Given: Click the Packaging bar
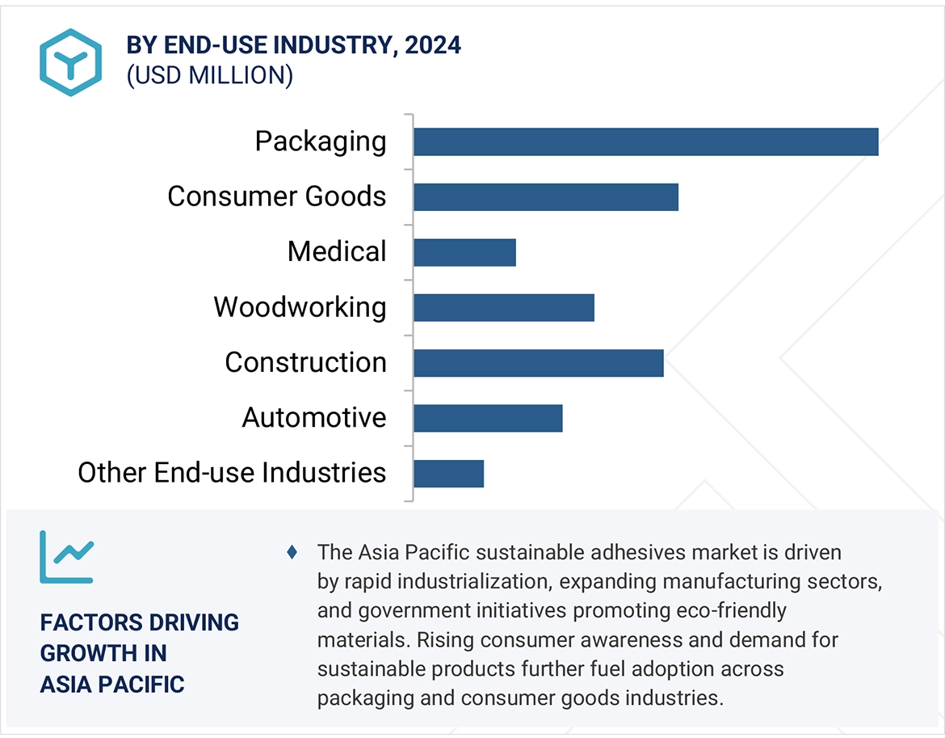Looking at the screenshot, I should [645, 141].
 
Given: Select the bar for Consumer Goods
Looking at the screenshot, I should [545, 196].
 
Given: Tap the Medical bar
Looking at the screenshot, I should [464, 252].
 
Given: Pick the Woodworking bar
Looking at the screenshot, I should [503, 307].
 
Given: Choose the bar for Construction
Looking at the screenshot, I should [538, 363].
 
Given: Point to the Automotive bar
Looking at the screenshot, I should [487, 418].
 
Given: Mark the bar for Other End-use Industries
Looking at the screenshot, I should [448, 474].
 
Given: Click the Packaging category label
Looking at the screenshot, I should [321, 141].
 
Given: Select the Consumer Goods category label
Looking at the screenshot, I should [277, 196].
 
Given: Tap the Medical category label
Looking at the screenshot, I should [337, 252].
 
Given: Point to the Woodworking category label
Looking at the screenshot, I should [300, 307].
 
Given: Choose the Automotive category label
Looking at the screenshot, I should [314, 418].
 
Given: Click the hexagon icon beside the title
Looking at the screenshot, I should [70, 62].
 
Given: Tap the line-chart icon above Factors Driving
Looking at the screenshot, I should [66, 557].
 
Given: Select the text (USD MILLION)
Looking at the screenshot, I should [209, 75].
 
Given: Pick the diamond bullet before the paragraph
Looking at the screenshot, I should [292, 553].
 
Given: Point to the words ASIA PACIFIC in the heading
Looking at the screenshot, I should [112, 684].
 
